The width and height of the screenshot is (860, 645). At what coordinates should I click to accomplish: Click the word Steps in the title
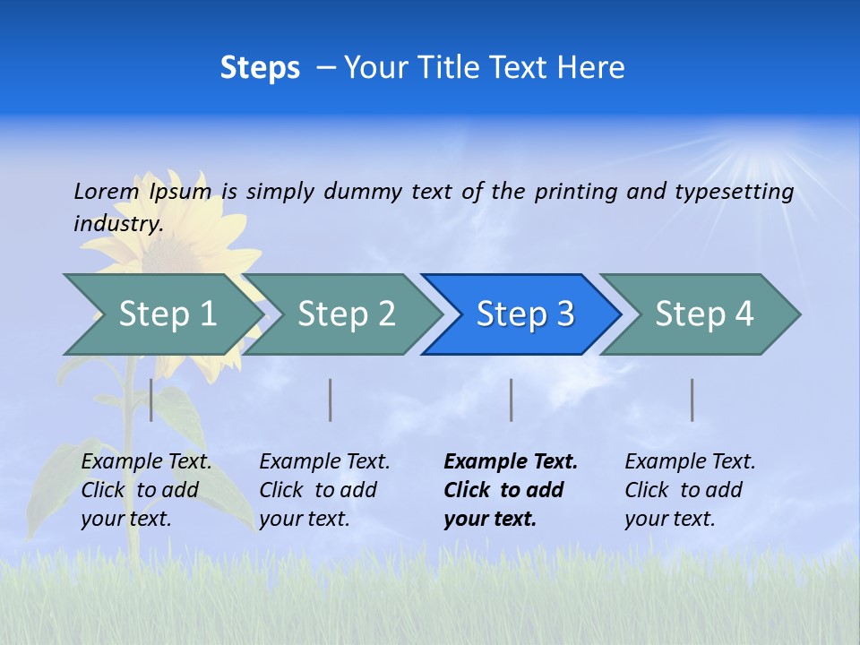[x=260, y=68]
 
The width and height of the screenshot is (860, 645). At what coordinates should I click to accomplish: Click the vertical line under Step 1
[x=151, y=400]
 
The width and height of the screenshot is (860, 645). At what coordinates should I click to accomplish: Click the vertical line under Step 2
[x=331, y=400]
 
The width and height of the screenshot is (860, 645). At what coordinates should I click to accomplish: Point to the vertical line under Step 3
[x=511, y=400]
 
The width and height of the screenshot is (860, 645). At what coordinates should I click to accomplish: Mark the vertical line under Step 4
[x=692, y=400]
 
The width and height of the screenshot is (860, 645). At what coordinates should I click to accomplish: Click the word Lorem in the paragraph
[x=107, y=191]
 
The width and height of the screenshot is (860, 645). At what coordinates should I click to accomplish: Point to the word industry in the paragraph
[x=118, y=224]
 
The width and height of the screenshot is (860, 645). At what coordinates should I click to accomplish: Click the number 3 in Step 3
[x=565, y=314]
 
